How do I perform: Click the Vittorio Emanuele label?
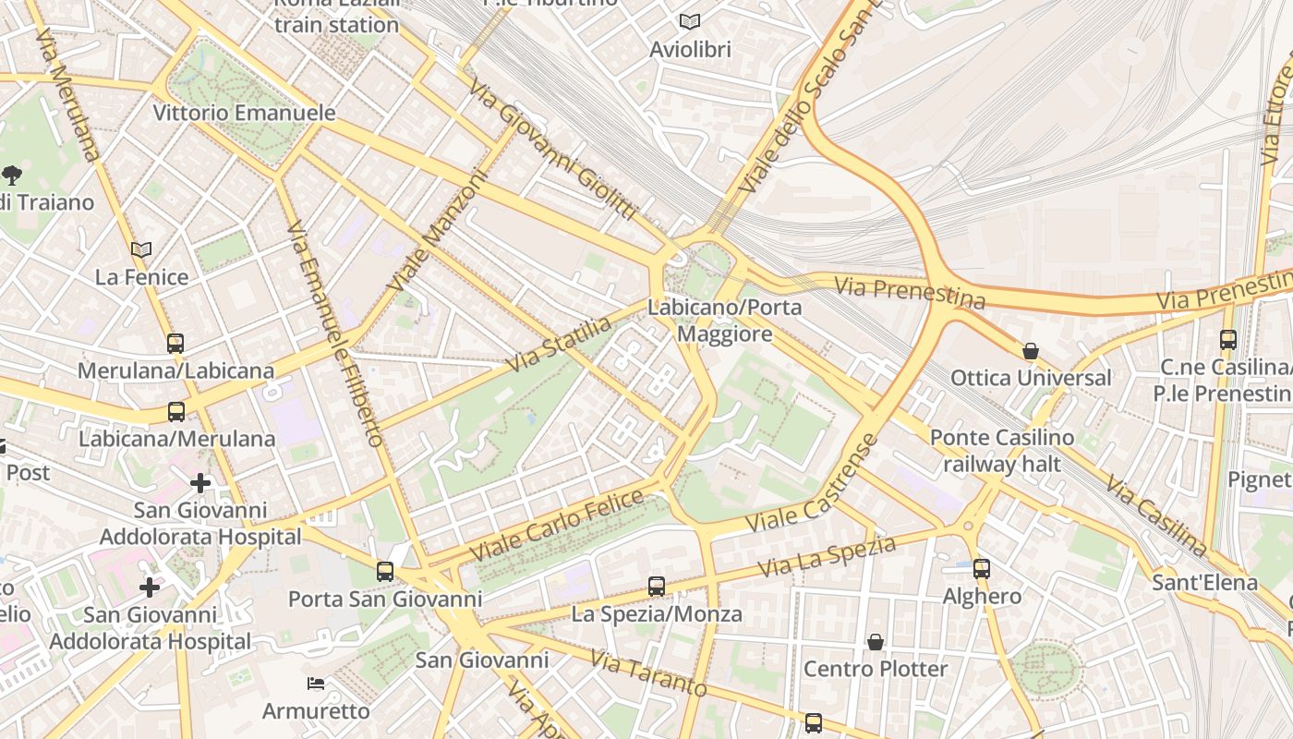pos(244,113)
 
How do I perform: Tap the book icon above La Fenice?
pos(141,249)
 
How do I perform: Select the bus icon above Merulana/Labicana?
pos(175,344)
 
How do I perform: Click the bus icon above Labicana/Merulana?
pos(176,412)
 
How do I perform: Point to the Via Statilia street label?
pos(558,345)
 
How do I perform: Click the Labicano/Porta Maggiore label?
pos(724,320)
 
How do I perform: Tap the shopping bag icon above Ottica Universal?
pos(1031,351)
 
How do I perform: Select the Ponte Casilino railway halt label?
pos(1002,450)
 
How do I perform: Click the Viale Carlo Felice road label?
pos(557,526)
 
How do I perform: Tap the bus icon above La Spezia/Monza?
pos(657,587)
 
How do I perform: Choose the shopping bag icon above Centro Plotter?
pos(875,641)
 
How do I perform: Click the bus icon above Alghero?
pos(982,569)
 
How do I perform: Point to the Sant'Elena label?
pos(1204,582)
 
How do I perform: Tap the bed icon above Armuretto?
pos(316,684)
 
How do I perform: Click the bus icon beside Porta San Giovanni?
pos(385,572)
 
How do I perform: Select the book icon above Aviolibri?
pos(690,21)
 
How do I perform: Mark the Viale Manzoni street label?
pos(438,231)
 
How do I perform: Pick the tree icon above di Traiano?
pos(12,174)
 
